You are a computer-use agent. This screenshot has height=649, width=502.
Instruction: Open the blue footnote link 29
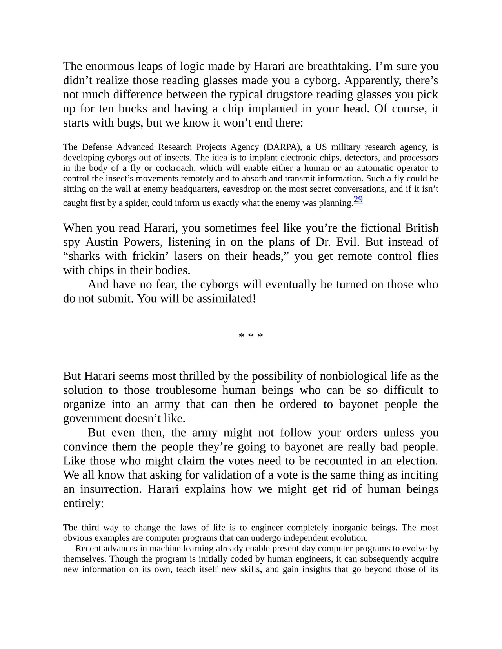(358, 200)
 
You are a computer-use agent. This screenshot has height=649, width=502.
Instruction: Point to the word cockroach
(175, 168)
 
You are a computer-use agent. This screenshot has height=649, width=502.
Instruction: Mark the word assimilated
(226, 299)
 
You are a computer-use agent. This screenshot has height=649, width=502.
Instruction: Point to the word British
(422, 228)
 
